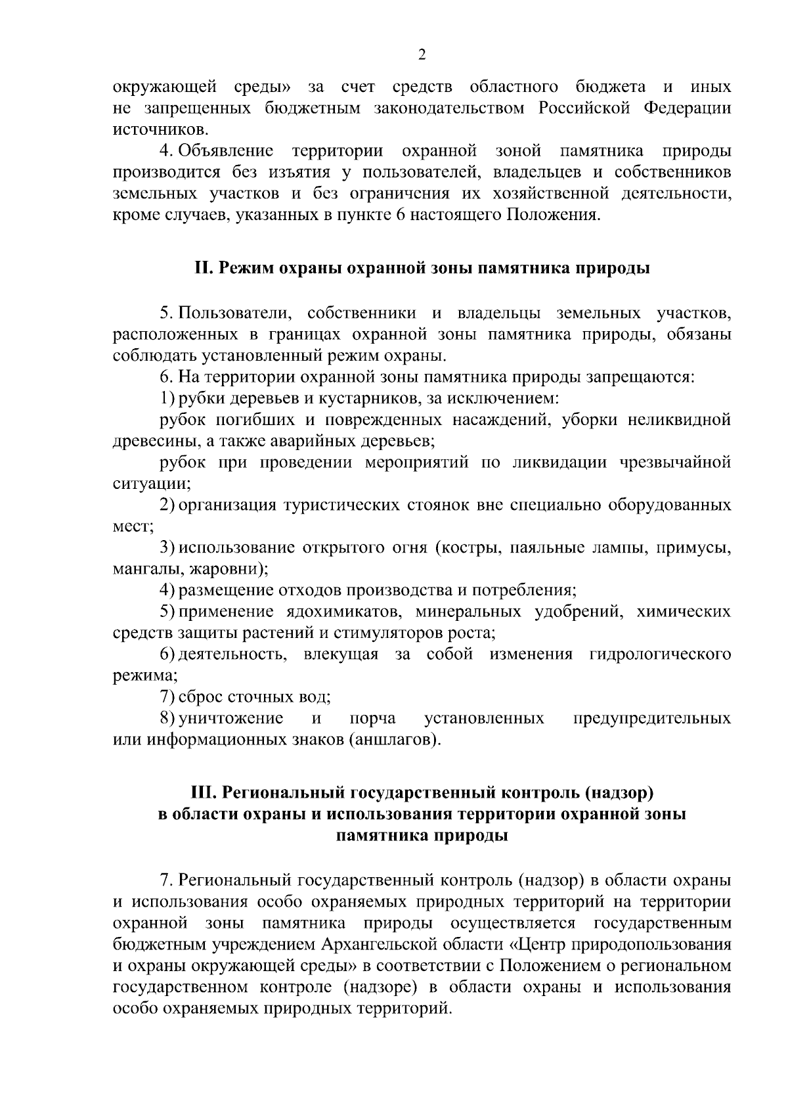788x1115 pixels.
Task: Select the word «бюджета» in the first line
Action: point(611,87)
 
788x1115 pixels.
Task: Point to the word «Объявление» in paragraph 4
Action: point(225,151)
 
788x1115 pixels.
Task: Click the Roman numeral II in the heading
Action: point(202,268)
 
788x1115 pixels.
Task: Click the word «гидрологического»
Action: point(660,654)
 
